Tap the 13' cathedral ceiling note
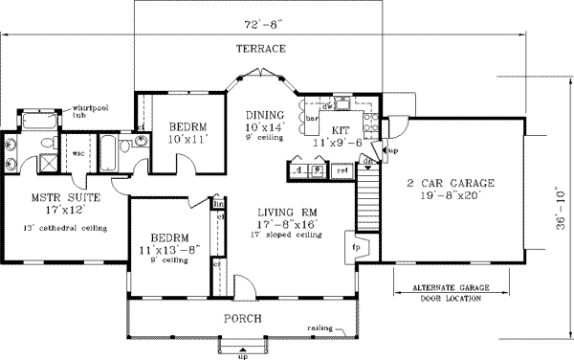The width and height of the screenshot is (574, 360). coord(63,227)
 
